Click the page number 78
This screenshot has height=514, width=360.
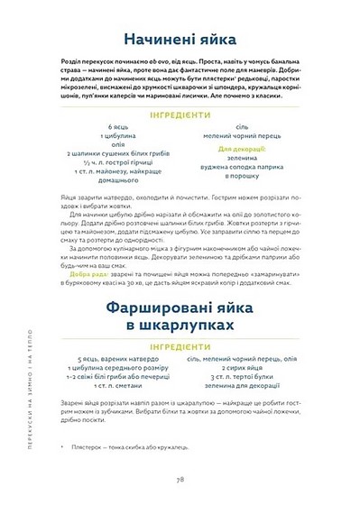[x=181, y=481]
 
